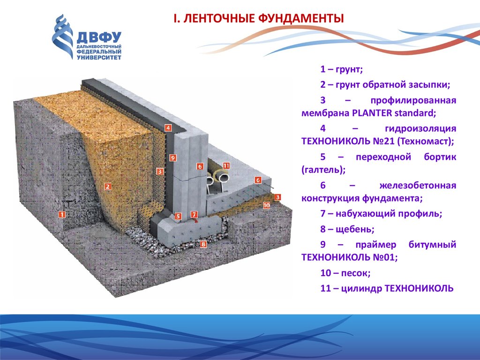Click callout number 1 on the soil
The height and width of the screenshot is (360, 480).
[x=62, y=214]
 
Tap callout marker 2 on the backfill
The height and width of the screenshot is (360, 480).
[x=107, y=187]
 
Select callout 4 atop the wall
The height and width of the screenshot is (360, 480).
[x=168, y=127]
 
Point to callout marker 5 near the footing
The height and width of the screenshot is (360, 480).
[x=178, y=217]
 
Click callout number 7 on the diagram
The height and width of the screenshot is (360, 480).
[x=194, y=214]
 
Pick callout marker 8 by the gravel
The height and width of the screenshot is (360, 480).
[x=203, y=244]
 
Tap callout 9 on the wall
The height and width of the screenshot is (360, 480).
[x=173, y=158]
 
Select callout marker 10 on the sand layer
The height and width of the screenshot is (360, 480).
[x=266, y=205]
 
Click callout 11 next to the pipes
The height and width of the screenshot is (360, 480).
[x=226, y=165]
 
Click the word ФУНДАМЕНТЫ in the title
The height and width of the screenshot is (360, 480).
[x=301, y=19]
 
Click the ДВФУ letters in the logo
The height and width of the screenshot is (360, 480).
[x=99, y=37]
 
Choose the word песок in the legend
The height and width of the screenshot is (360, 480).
[x=356, y=273]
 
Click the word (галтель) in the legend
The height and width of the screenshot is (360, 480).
[x=323, y=170]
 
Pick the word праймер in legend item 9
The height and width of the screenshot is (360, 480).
[x=375, y=245]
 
